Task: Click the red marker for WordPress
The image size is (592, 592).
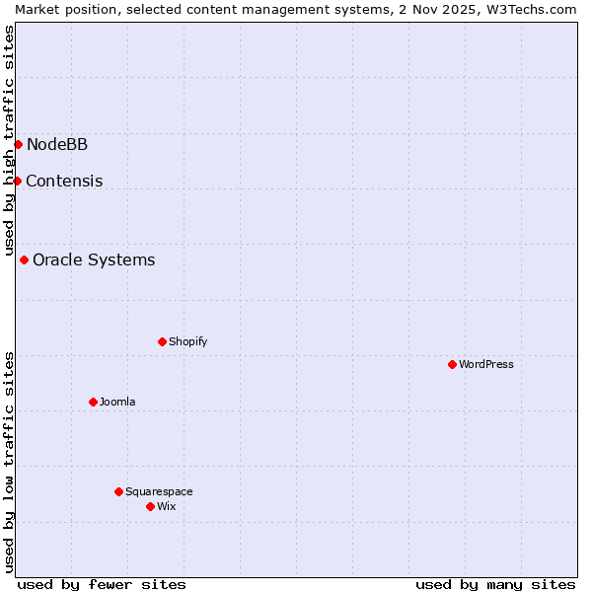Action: tap(452, 364)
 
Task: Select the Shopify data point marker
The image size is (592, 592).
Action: tap(162, 341)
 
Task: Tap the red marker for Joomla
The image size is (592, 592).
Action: tap(93, 402)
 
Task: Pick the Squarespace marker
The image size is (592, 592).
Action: tap(118, 491)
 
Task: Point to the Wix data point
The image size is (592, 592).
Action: tap(150, 506)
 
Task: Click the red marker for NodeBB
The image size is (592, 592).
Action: tap(18, 144)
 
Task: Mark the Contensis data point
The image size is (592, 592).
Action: tap(17, 181)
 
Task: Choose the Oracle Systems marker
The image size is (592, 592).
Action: tap(24, 259)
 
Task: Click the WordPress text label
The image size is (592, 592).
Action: tap(486, 364)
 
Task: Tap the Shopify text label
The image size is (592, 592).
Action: tap(187, 341)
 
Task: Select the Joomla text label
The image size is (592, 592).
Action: tap(117, 402)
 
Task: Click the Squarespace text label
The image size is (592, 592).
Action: tap(159, 491)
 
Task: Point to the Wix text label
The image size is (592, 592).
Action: tap(166, 506)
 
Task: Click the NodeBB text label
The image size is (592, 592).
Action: tap(57, 145)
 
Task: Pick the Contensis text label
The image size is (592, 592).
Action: tap(64, 182)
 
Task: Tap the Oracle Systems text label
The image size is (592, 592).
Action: tap(94, 260)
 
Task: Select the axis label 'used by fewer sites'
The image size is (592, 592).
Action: tap(102, 584)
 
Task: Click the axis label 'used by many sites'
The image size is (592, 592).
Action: tap(495, 584)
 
